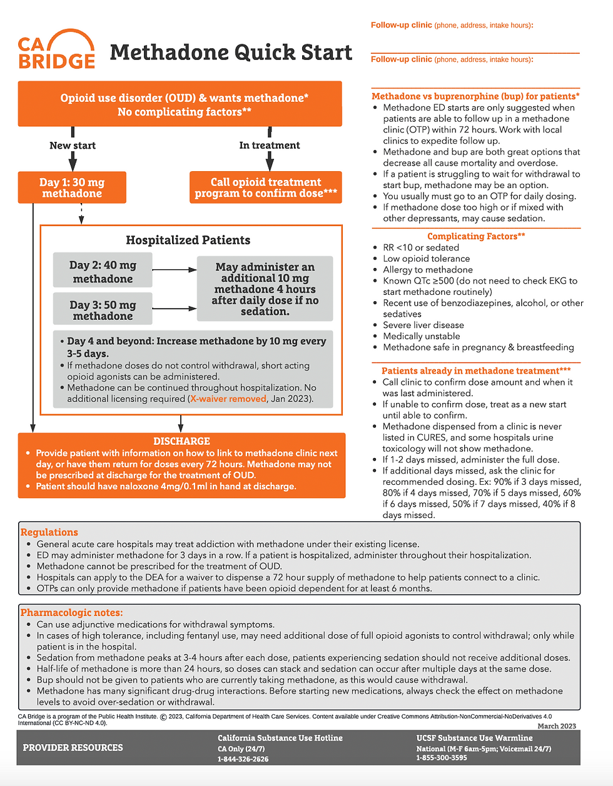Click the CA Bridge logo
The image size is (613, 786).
tap(56, 50)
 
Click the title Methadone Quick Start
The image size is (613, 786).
tap(231, 52)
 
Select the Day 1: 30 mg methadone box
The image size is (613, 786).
tap(72, 187)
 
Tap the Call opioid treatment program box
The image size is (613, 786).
tap(266, 187)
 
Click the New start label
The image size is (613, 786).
tap(73, 146)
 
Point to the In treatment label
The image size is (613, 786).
tap(270, 146)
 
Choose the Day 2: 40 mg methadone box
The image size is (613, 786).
tap(103, 272)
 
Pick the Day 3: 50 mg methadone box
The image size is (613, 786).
tap(103, 310)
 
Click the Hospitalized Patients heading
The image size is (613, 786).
tap(188, 241)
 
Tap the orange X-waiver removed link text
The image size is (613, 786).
tap(228, 399)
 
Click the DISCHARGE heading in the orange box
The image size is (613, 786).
tap(181, 441)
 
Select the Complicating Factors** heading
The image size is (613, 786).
tap(476, 236)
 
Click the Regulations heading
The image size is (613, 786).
tap(49, 532)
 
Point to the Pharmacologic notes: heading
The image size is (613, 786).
tap(72, 613)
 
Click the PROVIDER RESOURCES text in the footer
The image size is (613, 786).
tap(73, 748)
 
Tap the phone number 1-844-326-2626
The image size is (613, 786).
tap(243, 759)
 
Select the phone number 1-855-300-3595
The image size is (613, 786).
tap(442, 758)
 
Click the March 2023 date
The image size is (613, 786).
tap(557, 726)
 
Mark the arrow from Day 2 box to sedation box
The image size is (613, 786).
tap(175, 270)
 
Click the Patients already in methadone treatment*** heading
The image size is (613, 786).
tap(476, 371)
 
